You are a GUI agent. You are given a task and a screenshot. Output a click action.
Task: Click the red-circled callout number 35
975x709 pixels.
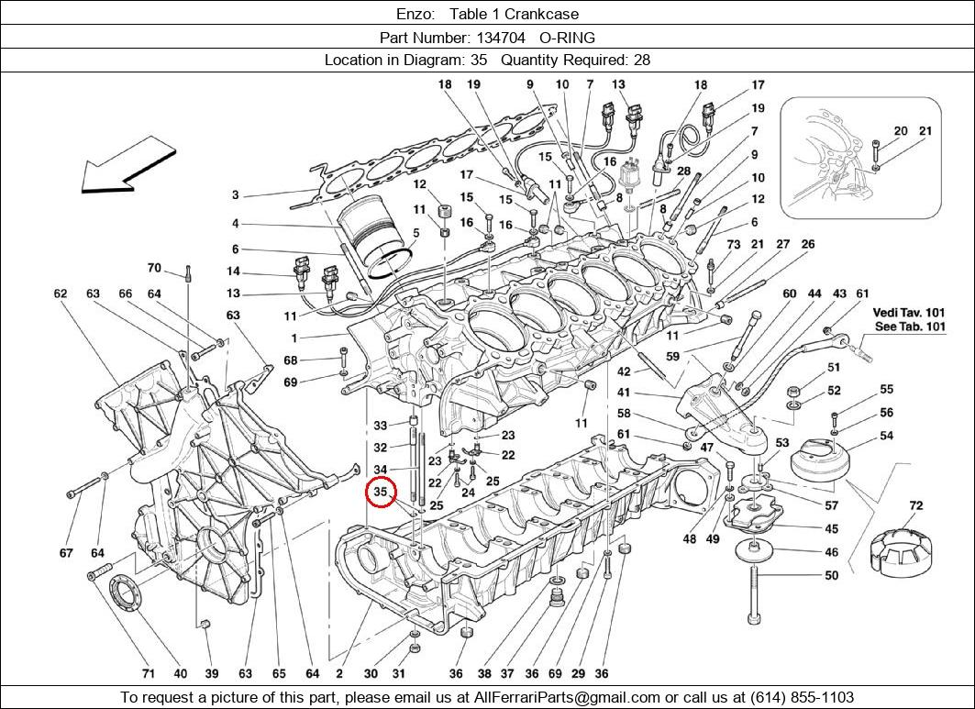tap(381, 493)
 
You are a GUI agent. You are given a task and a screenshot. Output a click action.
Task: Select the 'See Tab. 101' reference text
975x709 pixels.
tap(910, 327)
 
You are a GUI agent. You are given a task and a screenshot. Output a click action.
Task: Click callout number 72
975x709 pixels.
tap(915, 505)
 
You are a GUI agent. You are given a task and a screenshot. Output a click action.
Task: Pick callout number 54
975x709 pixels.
tap(886, 436)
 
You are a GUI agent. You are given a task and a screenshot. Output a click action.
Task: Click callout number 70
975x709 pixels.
tap(154, 269)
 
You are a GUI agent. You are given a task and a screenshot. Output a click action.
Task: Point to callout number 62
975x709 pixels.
tap(61, 294)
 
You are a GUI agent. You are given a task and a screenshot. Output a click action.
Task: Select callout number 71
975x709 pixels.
tap(148, 673)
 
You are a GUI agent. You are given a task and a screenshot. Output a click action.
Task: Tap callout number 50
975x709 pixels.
tap(831, 576)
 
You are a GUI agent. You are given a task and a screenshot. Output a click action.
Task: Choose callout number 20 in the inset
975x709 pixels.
tap(901, 131)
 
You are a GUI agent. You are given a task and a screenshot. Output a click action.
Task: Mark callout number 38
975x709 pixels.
tap(484, 673)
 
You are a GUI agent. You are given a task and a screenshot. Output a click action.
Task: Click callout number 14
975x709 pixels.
tap(234, 271)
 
